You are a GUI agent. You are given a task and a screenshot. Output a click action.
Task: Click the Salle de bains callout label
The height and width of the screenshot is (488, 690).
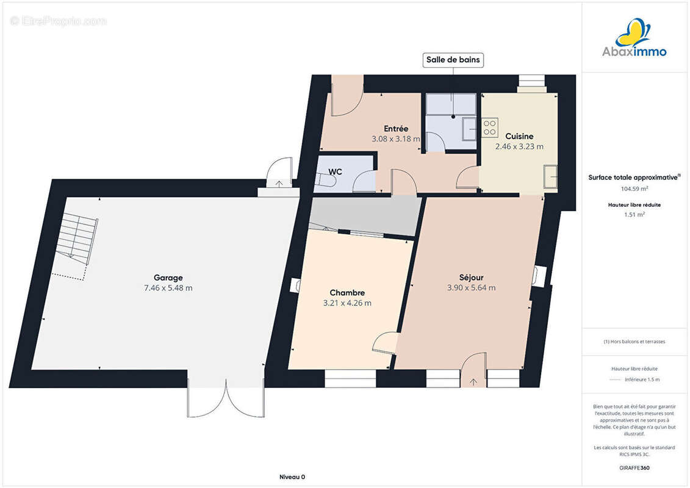pos(453,60)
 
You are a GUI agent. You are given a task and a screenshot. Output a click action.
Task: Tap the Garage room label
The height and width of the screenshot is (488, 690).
pos(168,278)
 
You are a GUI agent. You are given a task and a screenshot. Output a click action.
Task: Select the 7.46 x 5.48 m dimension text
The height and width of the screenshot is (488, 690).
pos(168,288)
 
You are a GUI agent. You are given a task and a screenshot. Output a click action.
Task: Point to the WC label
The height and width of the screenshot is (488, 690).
pos(335,171)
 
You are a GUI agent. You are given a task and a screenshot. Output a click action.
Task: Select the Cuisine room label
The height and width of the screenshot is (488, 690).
pos(519,137)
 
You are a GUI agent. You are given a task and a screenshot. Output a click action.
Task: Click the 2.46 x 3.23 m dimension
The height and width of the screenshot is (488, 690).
pos(519,146)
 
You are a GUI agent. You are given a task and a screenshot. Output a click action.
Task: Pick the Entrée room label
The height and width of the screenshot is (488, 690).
pos(396,129)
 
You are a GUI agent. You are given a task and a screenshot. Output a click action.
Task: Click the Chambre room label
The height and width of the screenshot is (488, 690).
pos(347,293)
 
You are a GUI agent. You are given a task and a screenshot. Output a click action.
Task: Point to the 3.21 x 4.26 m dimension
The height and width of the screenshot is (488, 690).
pos(347,303)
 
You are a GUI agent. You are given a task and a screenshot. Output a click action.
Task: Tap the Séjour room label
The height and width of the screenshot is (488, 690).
pos(472,278)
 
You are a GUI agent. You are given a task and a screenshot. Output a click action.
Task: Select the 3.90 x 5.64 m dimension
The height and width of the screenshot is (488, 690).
pos(472,288)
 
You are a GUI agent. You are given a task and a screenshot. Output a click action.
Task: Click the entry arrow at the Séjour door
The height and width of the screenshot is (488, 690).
pos(473,382)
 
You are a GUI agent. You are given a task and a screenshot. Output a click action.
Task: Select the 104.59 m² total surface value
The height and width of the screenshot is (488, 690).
pos(634,188)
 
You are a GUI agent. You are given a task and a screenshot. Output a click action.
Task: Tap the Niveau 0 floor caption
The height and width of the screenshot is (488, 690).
pos(292,477)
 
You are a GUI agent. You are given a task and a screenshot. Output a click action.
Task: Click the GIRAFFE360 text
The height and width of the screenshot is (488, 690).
pos(634,468)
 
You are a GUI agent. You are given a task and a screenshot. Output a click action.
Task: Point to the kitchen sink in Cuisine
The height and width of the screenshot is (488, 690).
pos(550,176)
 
